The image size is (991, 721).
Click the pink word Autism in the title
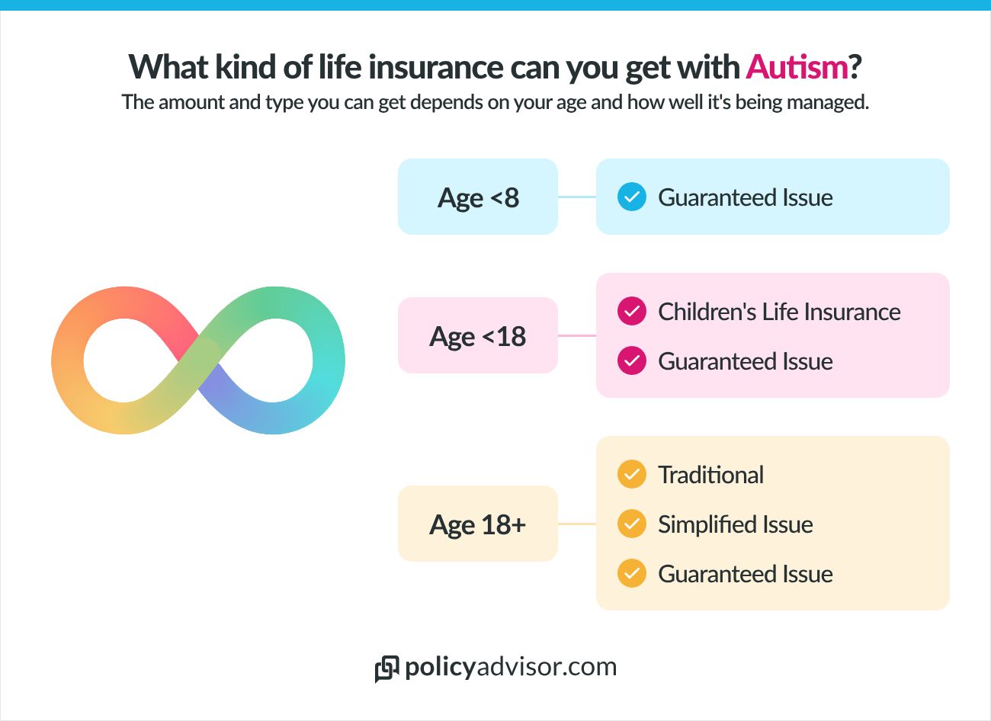[797, 67]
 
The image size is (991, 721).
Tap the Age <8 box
[478, 197]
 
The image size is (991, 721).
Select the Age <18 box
[478, 336]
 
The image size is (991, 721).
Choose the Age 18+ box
[478, 524]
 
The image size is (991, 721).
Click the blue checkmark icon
[631, 197]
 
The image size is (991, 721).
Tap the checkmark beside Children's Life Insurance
[631, 312]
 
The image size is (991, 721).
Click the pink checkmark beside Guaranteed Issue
[631, 361]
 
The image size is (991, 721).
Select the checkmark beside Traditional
[631, 475]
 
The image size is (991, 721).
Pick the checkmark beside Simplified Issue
[631, 524]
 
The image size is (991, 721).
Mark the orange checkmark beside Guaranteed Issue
[631, 574]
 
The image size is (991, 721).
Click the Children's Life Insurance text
[779, 312]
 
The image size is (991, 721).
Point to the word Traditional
[710, 475]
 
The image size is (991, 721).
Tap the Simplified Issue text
[735, 524]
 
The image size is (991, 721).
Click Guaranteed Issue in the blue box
[745, 197]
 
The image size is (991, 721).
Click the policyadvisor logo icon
[386, 668]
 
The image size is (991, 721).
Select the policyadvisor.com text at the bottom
[511, 667]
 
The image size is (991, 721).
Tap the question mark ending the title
[855, 67]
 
